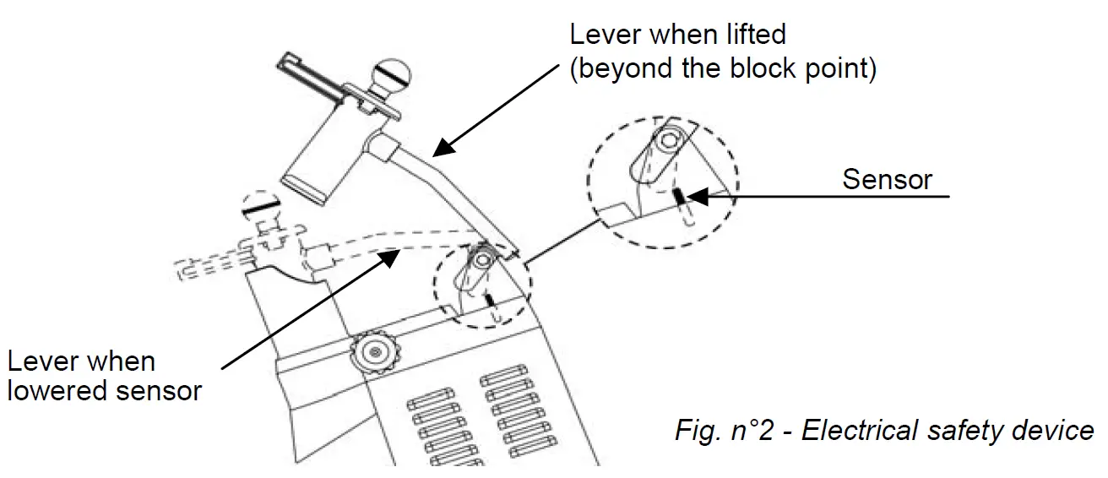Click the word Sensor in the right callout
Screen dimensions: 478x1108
[x=887, y=179]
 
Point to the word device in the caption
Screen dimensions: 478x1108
[x=1056, y=431]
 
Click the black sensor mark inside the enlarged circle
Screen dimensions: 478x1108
[x=678, y=197]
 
